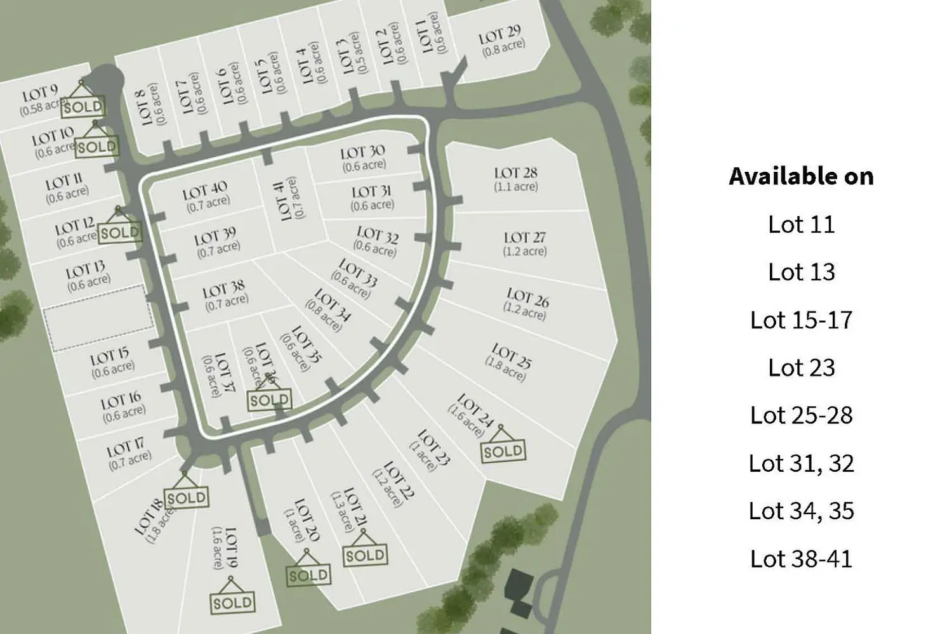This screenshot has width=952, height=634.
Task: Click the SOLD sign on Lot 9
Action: click(x=83, y=107)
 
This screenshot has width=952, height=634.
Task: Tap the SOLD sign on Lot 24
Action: click(x=503, y=451)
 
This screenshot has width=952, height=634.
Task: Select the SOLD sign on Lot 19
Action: click(x=232, y=602)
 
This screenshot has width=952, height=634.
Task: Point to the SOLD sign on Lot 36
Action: click(x=269, y=400)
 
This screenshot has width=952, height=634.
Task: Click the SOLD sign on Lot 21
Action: click(x=365, y=555)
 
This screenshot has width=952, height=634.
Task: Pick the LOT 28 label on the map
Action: click(x=515, y=173)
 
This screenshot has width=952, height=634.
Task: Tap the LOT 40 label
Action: click(x=205, y=190)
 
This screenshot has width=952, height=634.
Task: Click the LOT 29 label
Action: click(x=500, y=34)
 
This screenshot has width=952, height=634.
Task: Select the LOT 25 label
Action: click(x=511, y=356)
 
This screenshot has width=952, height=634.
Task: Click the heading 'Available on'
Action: click(x=801, y=176)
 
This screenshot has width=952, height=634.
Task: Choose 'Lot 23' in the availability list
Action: click(x=801, y=368)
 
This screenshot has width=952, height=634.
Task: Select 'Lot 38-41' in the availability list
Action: click(x=801, y=559)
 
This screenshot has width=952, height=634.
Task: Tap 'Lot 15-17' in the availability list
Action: click(x=801, y=320)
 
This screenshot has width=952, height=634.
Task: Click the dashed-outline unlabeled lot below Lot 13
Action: click(x=99, y=318)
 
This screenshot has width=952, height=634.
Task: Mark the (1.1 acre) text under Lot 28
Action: click(x=515, y=187)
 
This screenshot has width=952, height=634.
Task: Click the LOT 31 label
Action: click(x=371, y=191)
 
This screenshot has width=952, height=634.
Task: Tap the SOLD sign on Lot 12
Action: click(x=119, y=233)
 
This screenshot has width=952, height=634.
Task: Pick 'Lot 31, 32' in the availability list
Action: click(x=801, y=463)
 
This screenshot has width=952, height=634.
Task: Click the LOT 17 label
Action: click(x=125, y=450)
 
